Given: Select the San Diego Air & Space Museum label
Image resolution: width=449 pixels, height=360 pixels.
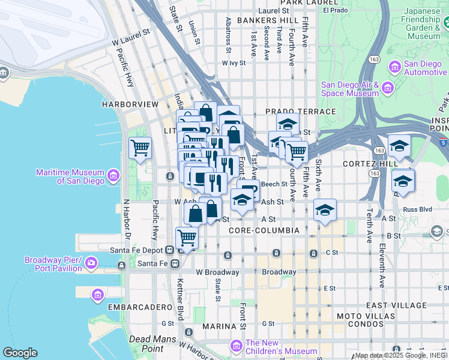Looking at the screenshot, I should click(x=350, y=89).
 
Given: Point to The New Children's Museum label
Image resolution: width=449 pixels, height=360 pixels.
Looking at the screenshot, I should click(x=281, y=347).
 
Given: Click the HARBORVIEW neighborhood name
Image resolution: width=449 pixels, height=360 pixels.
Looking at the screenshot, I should click(x=130, y=104).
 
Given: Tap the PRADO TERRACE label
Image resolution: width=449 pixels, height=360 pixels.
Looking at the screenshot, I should click(x=300, y=112).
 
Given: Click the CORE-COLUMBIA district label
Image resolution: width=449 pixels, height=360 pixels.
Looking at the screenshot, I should click(x=264, y=230).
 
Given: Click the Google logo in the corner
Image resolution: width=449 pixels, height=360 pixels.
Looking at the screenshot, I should click(x=20, y=353).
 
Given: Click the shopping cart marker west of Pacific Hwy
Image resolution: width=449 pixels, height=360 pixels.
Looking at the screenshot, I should click(x=140, y=146).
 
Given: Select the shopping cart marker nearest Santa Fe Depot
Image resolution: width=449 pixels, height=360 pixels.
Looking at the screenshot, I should click(x=187, y=238).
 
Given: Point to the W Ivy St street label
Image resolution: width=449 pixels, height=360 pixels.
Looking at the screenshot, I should click(x=234, y=62).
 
